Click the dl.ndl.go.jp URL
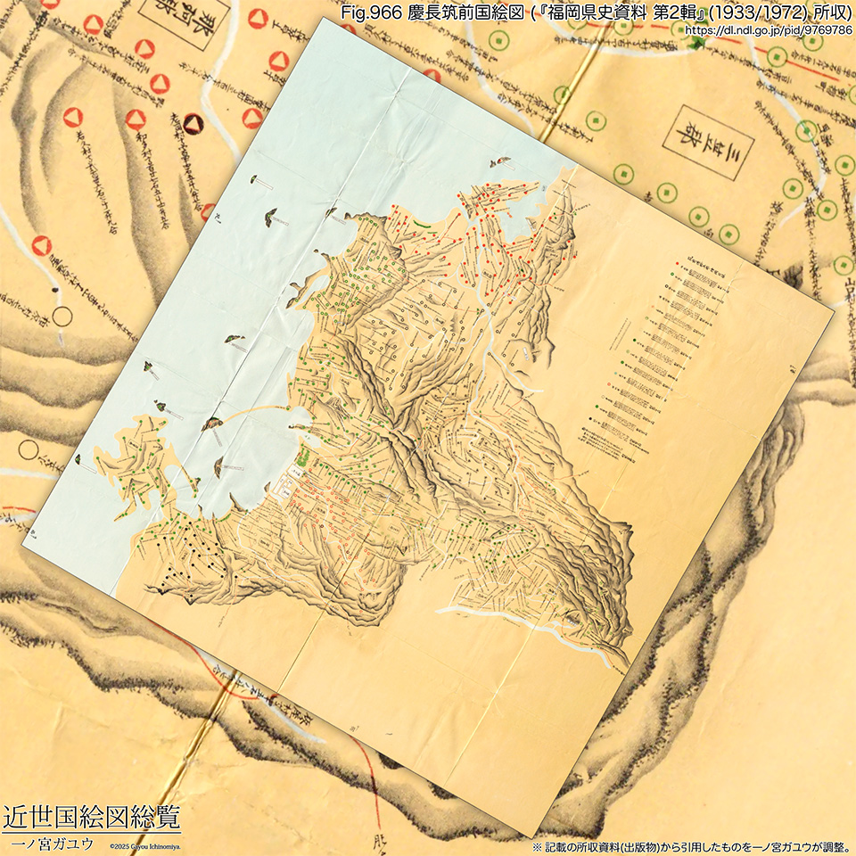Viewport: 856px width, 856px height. pyautogui.click(x=768, y=29)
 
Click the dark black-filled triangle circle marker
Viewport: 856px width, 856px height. pyautogui.click(x=193, y=124)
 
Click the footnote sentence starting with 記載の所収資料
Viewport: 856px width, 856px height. pyautogui.click(x=695, y=846)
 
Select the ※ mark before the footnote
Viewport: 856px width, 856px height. pyautogui.click(x=537, y=846)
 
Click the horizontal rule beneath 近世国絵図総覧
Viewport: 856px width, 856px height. pyautogui.click(x=91, y=831)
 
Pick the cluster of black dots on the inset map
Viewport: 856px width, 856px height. pyautogui.click(x=187, y=557)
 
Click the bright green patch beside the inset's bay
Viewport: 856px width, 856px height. pyautogui.click(x=303, y=457)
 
